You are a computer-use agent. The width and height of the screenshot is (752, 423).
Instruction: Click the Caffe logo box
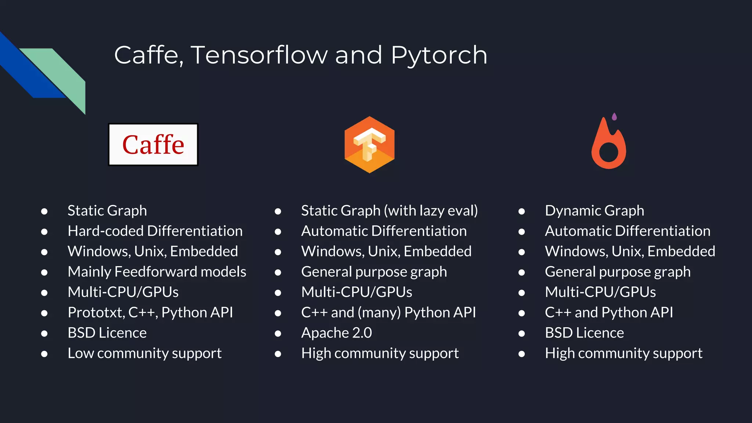click(153, 144)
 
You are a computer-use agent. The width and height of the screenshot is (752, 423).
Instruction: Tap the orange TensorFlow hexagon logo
click(369, 145)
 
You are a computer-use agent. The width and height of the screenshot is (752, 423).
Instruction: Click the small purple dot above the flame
click(614, 117)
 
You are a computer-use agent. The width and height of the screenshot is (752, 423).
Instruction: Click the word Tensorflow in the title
click(259, 55)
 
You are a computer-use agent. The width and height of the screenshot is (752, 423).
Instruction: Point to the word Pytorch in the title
click(439, 55)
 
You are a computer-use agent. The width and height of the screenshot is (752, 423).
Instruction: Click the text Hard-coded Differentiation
click(155, 231)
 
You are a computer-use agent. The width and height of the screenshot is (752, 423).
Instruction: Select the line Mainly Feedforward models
click(157, 272)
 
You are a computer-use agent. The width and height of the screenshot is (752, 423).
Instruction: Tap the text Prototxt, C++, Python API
click(150, 312)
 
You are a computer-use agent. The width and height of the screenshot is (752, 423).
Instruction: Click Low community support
click(145, 353)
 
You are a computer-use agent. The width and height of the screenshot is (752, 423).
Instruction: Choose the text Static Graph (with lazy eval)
click(389, 211)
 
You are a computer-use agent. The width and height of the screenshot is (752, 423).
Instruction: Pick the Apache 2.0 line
click(336, 333)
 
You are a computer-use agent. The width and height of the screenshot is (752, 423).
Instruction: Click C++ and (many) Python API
click(388, 312)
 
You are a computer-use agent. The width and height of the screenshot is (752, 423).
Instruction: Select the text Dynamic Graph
click(594, 211)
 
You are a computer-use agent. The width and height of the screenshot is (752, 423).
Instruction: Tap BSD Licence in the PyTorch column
click(584, 333)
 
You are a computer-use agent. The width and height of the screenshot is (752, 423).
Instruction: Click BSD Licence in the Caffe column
click(107, 333)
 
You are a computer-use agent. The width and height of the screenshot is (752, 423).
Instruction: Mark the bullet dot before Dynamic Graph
click(521, 211)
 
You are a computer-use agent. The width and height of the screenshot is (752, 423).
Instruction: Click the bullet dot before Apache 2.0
click(278, 333)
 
